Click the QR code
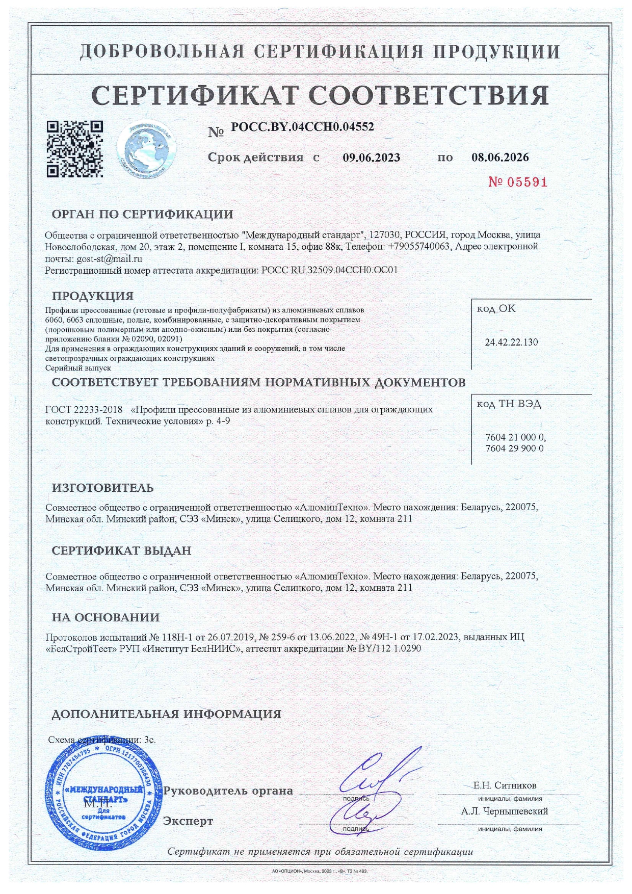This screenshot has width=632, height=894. pyautogui.click(x=75, y=148)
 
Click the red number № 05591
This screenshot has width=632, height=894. pyautogui.click(x=517, y=182)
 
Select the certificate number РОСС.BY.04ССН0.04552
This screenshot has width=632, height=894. pyautogui.click(x=303, y=127)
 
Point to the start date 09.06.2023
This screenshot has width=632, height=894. pyautogui.click(x=371, y=157)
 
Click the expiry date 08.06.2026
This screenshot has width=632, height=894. pyautogui.click(x=500, y=157)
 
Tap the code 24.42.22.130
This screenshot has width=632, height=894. pyautogui.click(x=511, y=342)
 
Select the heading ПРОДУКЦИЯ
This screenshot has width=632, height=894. pyautogui.click(x=93, y=296)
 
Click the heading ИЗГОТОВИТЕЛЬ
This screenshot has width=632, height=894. pyautogui.click(x=102, y=488)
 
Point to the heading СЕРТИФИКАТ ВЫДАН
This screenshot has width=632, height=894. pyautogui.click(x=121, y=551)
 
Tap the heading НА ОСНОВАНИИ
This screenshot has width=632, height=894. pyautogui.click(x=106, y=618)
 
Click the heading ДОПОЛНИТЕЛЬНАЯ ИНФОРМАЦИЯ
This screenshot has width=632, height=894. pyautogui.click(x=166, y=714)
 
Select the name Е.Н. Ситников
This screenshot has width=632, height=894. pyautogui.click(x=505, y=785)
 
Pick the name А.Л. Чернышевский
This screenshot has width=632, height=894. pyautogui.click(x=505, y=811)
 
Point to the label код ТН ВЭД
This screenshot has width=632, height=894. pyautogui.click(x=509, y=404)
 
